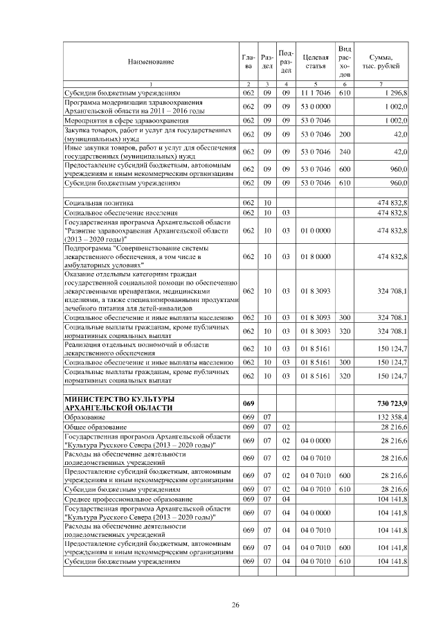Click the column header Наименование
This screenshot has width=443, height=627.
pyautogui.click(x=150, y=62)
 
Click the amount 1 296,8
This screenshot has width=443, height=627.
pyautogui.click(x=394, y=92)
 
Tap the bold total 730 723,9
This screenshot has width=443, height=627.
pyautogui.click(x=392, y=403)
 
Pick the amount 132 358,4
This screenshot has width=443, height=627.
pyautogui.click(x=392, y=418)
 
